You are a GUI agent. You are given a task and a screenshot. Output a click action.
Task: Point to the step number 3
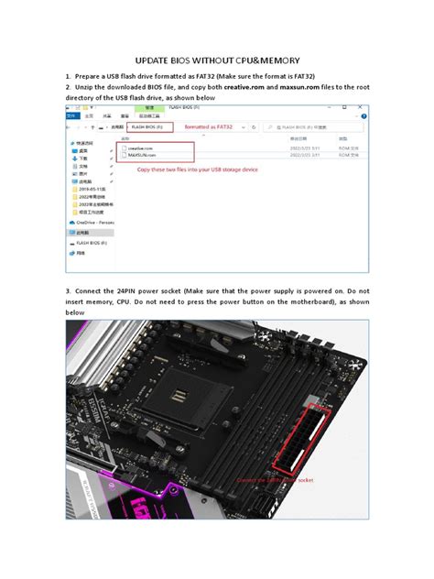pos(67,290)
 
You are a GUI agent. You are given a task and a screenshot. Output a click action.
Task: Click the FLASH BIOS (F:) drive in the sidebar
pos(92,243)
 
